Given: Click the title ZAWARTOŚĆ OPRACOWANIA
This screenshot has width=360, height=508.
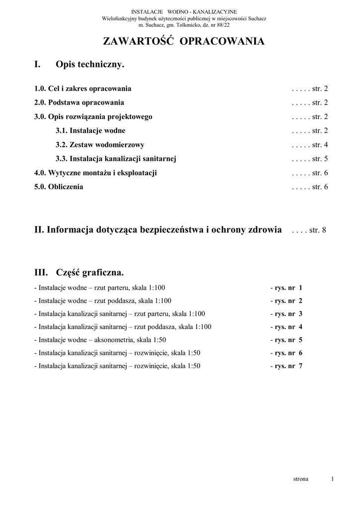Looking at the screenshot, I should (184, 42).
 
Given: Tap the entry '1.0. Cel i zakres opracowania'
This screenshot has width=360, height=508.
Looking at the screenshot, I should (83, 89).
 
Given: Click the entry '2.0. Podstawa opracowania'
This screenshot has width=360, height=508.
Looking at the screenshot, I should (79, 103).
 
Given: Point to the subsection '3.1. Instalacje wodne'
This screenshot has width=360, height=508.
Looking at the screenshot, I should (90, 131).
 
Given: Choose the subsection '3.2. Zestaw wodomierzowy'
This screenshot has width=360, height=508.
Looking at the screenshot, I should (100, 145).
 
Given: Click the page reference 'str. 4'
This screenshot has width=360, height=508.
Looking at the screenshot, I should (320, 145).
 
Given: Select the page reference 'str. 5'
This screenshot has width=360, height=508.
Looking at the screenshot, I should (320, 159).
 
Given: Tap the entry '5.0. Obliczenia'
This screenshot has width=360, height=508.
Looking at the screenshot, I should (59, 187).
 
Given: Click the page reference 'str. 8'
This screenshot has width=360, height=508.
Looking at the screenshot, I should (318, 230).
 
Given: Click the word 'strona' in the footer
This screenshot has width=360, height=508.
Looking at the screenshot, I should (301, 479).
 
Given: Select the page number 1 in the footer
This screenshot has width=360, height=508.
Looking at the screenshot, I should (332, 479).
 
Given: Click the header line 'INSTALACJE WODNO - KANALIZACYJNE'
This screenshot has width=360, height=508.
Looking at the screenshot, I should (184, 11).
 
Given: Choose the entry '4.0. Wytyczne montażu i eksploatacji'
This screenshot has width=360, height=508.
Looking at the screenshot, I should (95, 173).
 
